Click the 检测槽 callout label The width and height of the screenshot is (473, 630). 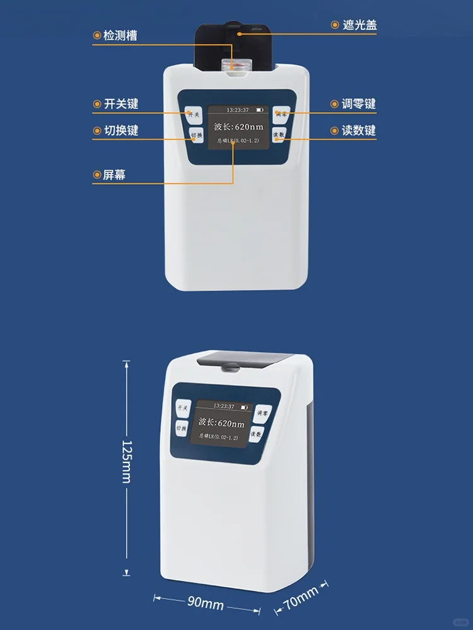(x=120, y=35)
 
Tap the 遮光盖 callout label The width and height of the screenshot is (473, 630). (x=359, y=25)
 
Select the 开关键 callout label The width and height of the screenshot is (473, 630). (x=120, y=104)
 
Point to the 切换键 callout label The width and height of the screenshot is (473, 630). (x=120, y=131)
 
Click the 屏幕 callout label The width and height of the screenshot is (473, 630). (x=114, y=175)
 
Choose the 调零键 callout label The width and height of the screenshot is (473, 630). (x=358, y=104)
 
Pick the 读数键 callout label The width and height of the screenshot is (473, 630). (x=358, y=130)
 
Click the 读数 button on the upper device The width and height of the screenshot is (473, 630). (x=279, y=135)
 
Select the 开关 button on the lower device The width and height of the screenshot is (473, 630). (x=183, y=408)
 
